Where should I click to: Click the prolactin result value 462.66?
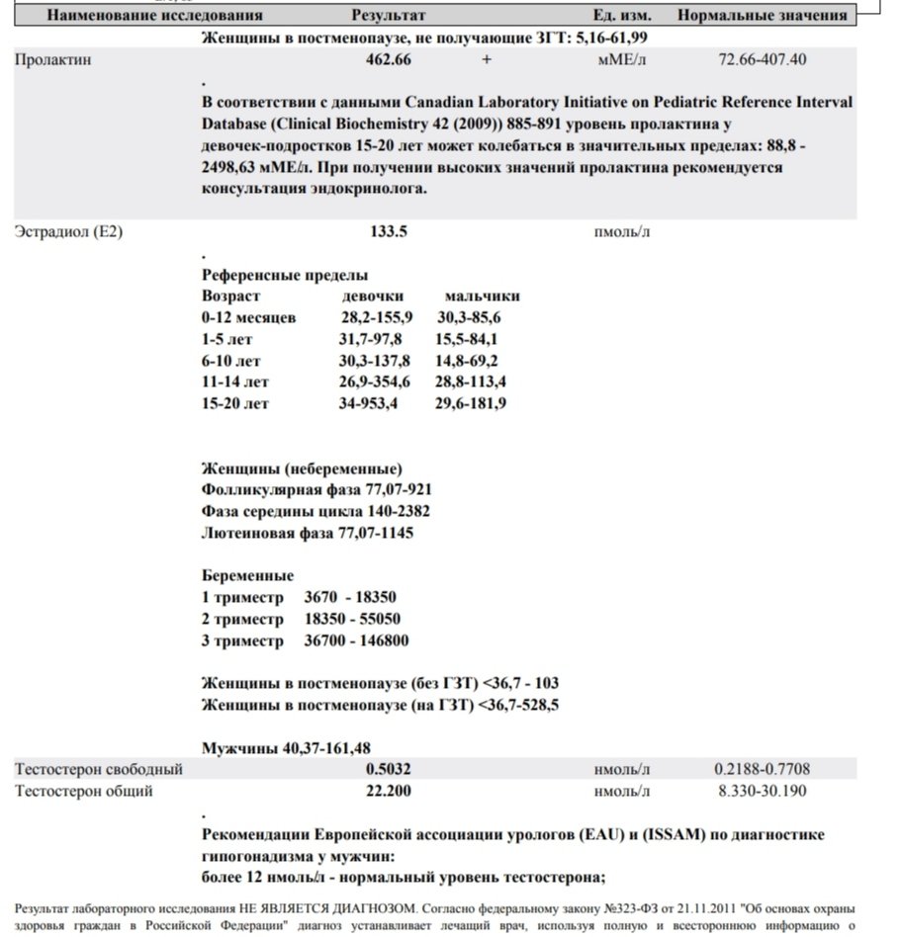point(389,59)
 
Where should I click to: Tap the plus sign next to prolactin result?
point(486,59)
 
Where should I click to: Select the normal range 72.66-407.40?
point(762,59)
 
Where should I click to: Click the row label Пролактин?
point(48,59)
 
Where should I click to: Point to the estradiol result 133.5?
point(388,232)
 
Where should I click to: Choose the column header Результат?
point(389,16)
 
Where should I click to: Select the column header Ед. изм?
point(618,16)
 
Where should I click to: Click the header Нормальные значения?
point(762,16)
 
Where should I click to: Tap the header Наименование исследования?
point(155,16)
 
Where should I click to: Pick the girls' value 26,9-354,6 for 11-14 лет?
point(375,382)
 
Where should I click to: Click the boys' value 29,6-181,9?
point(471,403)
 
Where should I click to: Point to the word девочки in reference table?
point(373,297)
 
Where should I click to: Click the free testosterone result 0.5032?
point(388,769)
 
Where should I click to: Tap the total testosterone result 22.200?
point(388,791)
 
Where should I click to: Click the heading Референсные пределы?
point(284,276)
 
